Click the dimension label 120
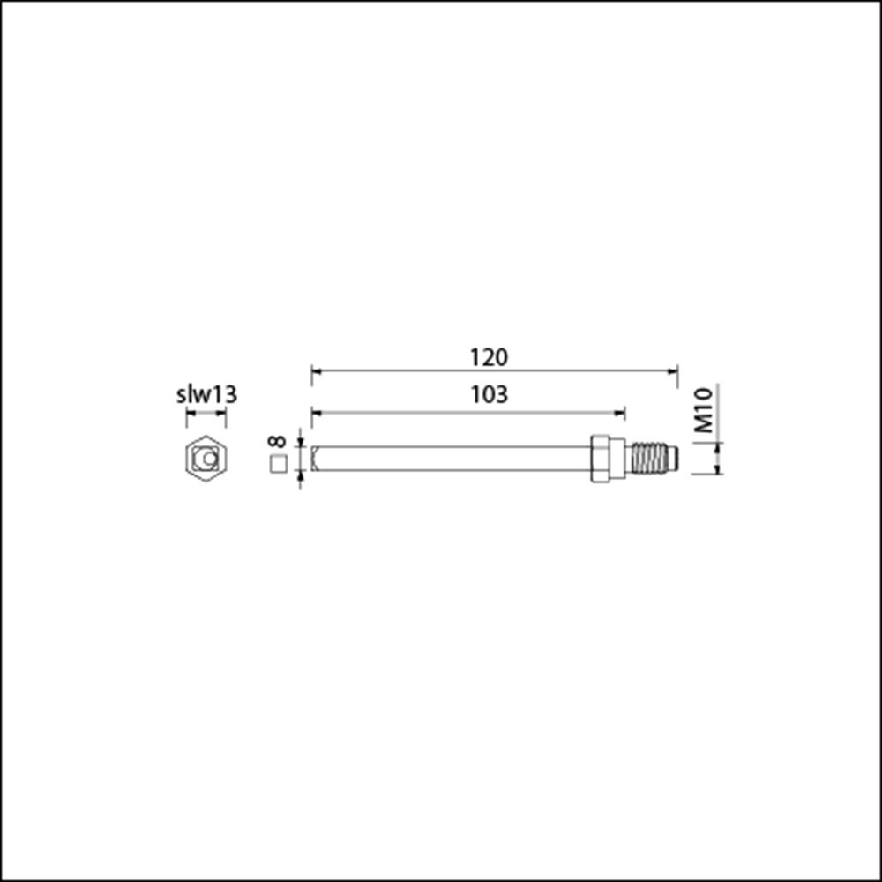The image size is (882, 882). [x=489, y=357]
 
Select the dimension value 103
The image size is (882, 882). [x=489, y=394]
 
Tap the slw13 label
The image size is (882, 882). [x=206, y=394]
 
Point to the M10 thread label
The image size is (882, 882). [x=704, y=411]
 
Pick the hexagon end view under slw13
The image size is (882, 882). [x=206, y=459]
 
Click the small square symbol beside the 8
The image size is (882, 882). [x=278, y=464]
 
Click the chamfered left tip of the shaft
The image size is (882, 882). [x=315, y=459]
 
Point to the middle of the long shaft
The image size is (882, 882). [x=450, y=459]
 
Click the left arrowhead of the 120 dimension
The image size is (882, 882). [x=316, y=372]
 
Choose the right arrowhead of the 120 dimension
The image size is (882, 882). [x=673, y=372]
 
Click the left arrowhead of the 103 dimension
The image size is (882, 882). [x=316, y=411]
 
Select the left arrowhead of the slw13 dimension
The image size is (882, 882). [x=190, y=412]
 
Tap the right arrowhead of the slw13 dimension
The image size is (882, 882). [x=222, y=412]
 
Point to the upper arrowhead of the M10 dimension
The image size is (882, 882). [x=718, y=447]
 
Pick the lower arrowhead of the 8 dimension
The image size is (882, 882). [x=301, y=477]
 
